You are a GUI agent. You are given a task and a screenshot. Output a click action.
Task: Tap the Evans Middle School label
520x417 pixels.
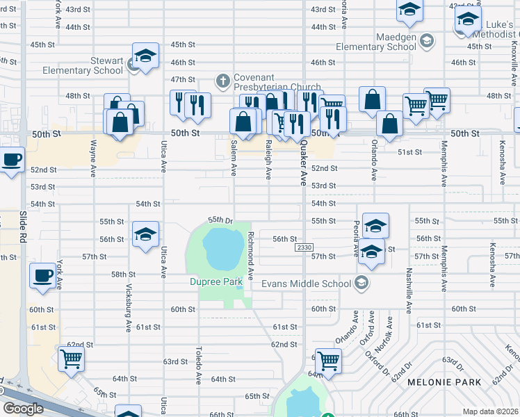[306, 284]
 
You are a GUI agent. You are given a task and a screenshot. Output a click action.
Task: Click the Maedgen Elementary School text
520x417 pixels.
[375, 41]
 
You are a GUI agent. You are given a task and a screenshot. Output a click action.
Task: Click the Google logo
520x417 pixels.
[23, 409]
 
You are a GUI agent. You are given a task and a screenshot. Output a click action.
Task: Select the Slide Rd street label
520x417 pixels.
[22, 229]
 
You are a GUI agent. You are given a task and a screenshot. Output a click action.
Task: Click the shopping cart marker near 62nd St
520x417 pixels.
[71, 360]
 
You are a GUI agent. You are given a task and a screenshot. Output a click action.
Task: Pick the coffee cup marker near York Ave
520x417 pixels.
[42, 275]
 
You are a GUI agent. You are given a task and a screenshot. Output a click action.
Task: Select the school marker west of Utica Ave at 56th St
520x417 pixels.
[145, 234]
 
